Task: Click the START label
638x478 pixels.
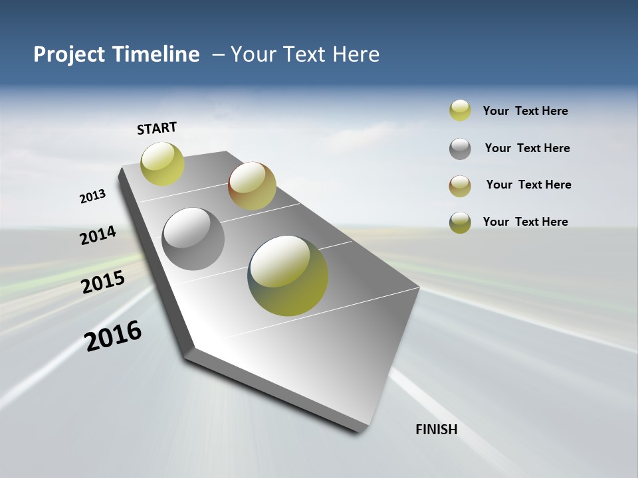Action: click(x=157, y=128)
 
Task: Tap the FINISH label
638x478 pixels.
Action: click(x=437, y=430)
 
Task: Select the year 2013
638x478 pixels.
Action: click(x=93, y=196)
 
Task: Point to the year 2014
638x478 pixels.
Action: click(x=98, y=235)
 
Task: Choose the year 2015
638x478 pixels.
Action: click(x=103, y=282)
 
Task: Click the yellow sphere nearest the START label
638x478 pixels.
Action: click(x=162, y=163)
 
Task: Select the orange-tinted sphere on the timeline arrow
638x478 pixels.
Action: click(x=252, y=186)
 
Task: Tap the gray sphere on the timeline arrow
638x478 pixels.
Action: click(x=193, y=239)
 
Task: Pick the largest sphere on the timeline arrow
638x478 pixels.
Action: click(x=288, y=276)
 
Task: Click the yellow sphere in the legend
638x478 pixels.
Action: click(x=460, y=110)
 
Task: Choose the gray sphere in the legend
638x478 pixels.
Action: click(x=460, y=149)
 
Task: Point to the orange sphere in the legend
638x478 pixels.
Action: click(x=460, y=186)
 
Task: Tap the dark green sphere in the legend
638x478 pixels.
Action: click(x=460, y=222)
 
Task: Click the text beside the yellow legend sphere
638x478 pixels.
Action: click(x=525, y=111)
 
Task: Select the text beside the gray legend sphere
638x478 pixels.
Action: click(x=527, y=148)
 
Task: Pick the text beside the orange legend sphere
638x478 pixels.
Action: click(x=528, y=185)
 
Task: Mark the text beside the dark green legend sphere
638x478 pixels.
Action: click(x=525, y=222)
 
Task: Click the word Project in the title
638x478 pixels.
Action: click(x=69, y=54)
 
